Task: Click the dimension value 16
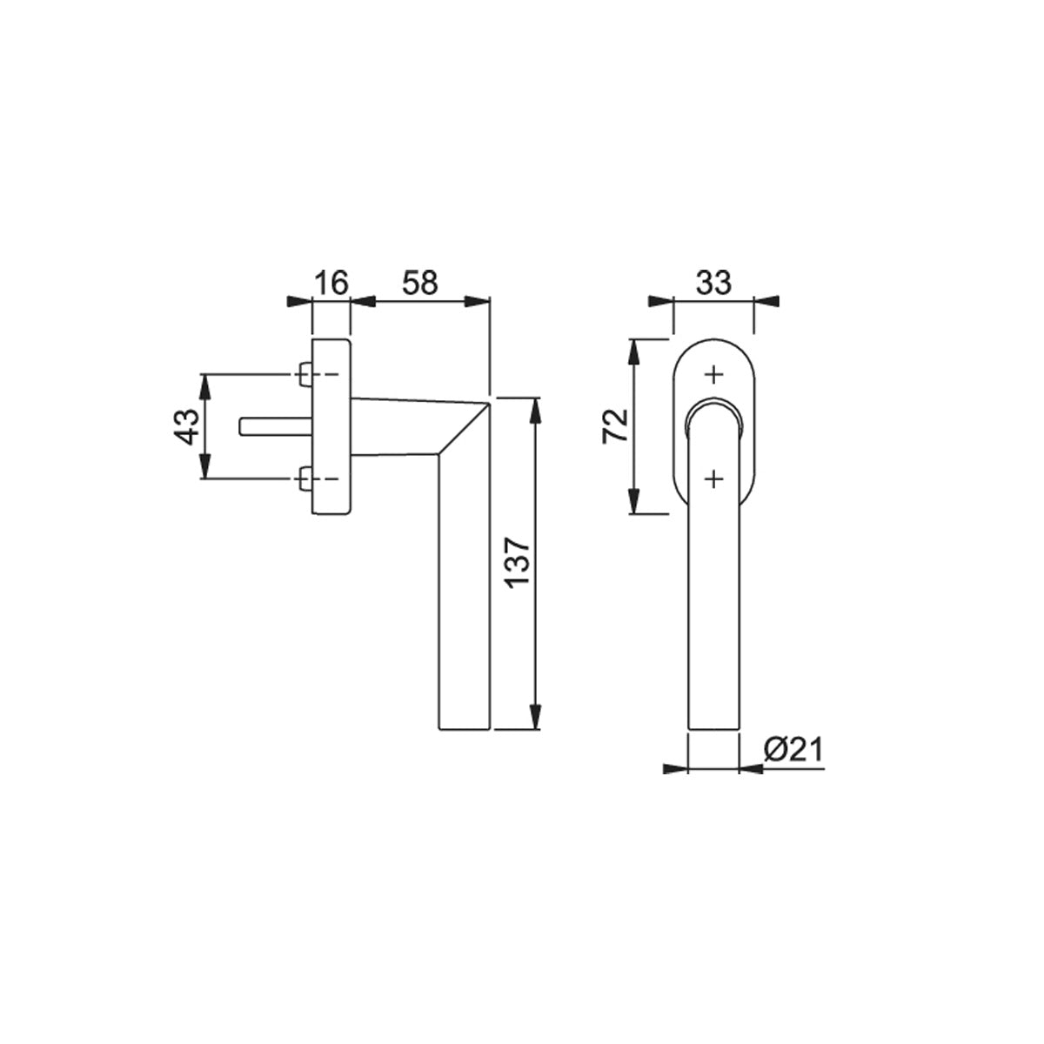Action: tap(331, 284)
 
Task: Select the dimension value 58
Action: tap(420, 284)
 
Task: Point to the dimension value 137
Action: tap(519, 563)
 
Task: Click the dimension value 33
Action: tap(713, 284)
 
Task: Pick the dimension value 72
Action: tap(615, 425)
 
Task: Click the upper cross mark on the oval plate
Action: tap(714, 374)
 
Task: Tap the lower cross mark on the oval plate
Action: tap(714, 478)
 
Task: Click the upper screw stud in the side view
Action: tap(305, 374)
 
